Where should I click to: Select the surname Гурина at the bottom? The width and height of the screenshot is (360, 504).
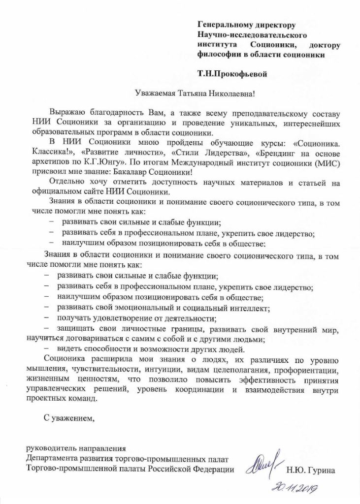point(323,471)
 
